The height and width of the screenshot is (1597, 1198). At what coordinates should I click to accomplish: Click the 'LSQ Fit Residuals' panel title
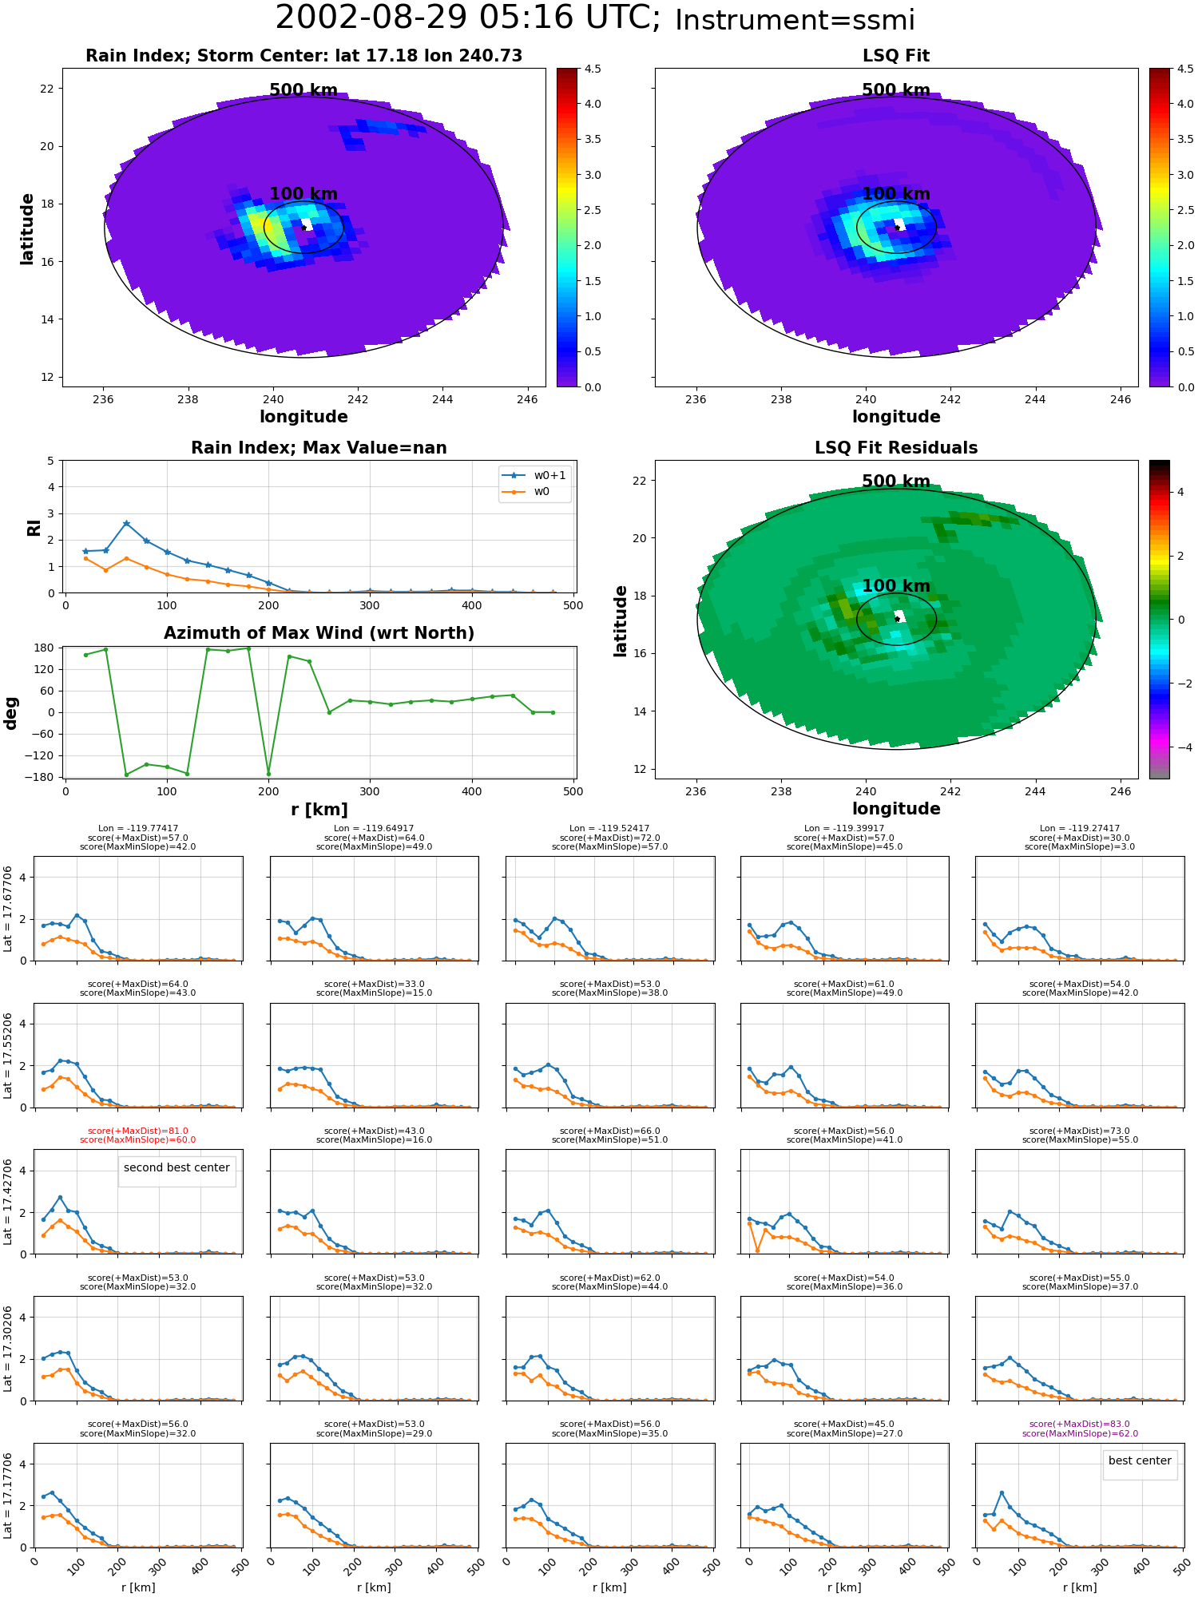tap(896, 448)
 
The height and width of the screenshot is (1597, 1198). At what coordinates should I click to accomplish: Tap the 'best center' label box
tap(1140, 1460)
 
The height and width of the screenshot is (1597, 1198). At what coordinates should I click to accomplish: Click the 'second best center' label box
tap(177, 1167)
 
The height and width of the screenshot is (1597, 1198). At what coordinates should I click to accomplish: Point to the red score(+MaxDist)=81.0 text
tap(138, 1131)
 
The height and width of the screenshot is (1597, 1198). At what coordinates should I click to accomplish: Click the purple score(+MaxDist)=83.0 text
tap(1080, 1425)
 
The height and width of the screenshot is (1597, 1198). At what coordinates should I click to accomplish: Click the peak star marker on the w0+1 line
tap(126, 524)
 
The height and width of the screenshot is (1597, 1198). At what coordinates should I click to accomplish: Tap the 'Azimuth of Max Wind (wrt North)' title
tap(319, 633)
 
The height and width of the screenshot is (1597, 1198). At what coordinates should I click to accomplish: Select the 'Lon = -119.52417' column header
tap(609, 829)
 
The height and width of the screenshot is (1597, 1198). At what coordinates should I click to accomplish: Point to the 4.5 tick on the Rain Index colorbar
tap(593, 69)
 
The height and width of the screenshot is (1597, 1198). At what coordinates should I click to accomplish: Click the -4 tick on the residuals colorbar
tap(1180, 747)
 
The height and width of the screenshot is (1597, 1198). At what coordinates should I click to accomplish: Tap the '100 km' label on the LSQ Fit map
tap(896, 194)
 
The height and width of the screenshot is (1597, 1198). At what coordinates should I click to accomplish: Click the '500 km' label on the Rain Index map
tap(303, 90)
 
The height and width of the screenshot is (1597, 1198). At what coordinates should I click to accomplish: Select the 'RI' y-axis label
tap(34, 528)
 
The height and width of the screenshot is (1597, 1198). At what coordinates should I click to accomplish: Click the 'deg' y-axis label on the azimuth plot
tap(10, 713)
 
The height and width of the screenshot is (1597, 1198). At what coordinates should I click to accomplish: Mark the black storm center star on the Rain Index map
tap(303, 228)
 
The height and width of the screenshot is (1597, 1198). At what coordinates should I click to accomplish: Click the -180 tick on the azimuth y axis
tap(43, 778)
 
